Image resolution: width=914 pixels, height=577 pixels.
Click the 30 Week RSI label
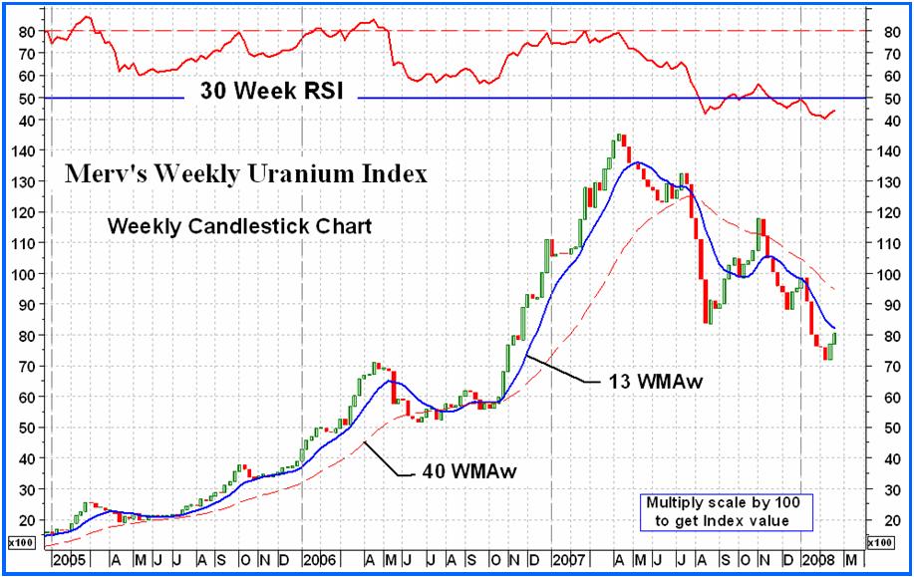coord(271,92)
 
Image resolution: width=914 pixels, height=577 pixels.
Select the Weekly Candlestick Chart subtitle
coord(239,226)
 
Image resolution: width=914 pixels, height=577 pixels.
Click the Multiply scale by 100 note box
coord(725,511)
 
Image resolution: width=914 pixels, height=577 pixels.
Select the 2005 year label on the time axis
coord(69,559)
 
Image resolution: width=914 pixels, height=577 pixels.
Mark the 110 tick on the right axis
coord(884,243)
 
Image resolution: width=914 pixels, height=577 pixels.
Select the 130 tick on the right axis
coord(884,181)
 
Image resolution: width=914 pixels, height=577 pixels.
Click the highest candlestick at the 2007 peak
coord(619,140)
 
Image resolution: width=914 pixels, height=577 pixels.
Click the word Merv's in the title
coord(101,174)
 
